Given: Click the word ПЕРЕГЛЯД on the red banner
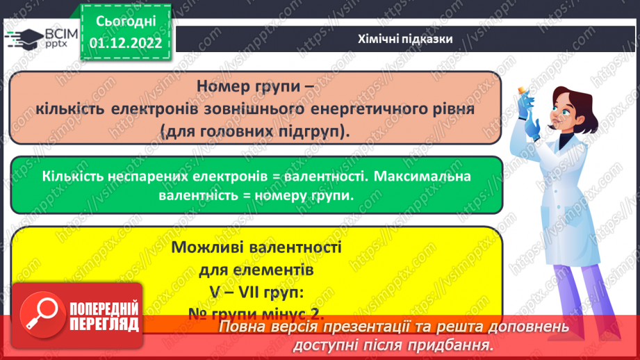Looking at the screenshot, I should pyautogui.click(x=104, y=324).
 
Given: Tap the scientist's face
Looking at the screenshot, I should pyautogui.click(x=564, y=111).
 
